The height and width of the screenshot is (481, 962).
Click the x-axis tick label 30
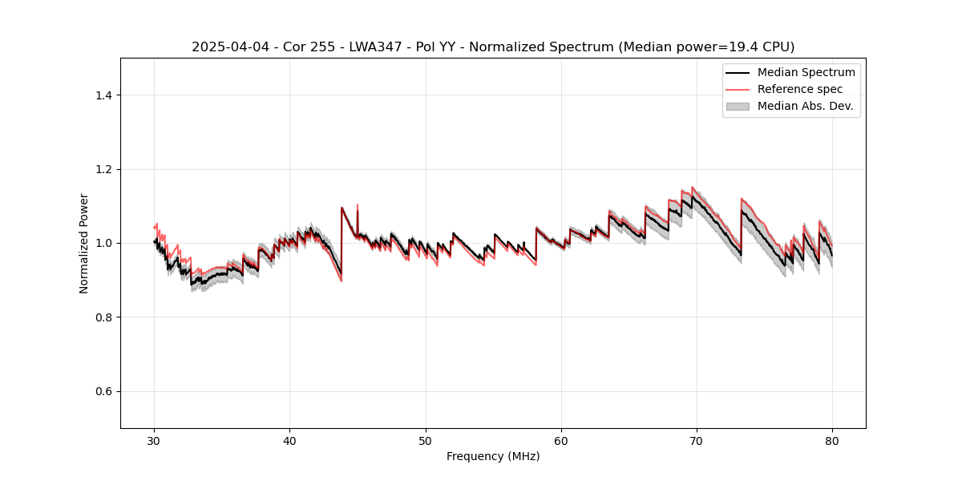[154, 440]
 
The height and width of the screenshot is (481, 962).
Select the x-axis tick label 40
[289, 440]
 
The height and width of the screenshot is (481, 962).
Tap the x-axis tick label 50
[426, 440]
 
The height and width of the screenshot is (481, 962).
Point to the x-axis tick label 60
[561, 440]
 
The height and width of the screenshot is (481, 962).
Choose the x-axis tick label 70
[697, 440]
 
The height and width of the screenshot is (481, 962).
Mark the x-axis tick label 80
[832, 440]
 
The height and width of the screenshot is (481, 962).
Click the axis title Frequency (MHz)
[493, 456]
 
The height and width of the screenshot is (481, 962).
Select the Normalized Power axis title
[84, 243]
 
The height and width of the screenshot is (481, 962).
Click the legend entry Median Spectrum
[806, 72]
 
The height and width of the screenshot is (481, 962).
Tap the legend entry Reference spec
[800, 89]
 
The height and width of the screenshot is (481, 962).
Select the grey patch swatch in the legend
[738, 106]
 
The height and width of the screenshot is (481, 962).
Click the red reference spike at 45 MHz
[358, 207]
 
